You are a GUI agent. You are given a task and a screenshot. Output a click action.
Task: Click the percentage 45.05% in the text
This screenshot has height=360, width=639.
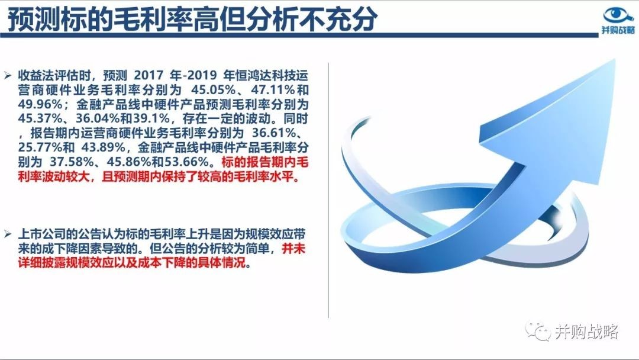(214, 89)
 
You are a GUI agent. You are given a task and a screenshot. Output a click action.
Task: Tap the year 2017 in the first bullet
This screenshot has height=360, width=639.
(149, 75)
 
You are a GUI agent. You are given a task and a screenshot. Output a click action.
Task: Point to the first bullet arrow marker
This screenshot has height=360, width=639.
(7, 75)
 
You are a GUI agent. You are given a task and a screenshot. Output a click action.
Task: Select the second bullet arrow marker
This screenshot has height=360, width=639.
(7, 234)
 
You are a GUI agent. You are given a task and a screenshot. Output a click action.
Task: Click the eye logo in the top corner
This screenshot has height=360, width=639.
(618, 15)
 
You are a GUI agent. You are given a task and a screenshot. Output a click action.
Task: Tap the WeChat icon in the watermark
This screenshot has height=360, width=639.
(537, 330)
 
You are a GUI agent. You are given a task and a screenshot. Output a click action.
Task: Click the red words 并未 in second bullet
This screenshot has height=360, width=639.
(294, 249)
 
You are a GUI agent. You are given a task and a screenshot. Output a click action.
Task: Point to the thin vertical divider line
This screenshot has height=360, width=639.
(328, 191)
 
